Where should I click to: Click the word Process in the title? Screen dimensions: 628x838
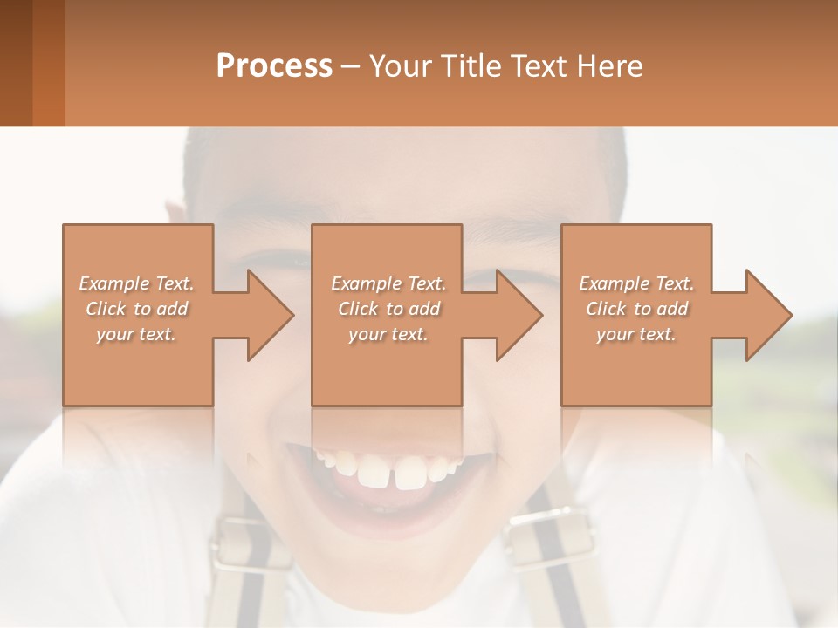pos(274,66)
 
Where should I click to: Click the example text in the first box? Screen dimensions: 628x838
pos(136,309)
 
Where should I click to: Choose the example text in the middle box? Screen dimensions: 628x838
pos(388,309)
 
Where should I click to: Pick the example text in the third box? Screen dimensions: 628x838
pos(635,309)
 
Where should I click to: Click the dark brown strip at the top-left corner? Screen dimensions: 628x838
pos(16,63)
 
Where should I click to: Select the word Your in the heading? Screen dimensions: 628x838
pos(398,66)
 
